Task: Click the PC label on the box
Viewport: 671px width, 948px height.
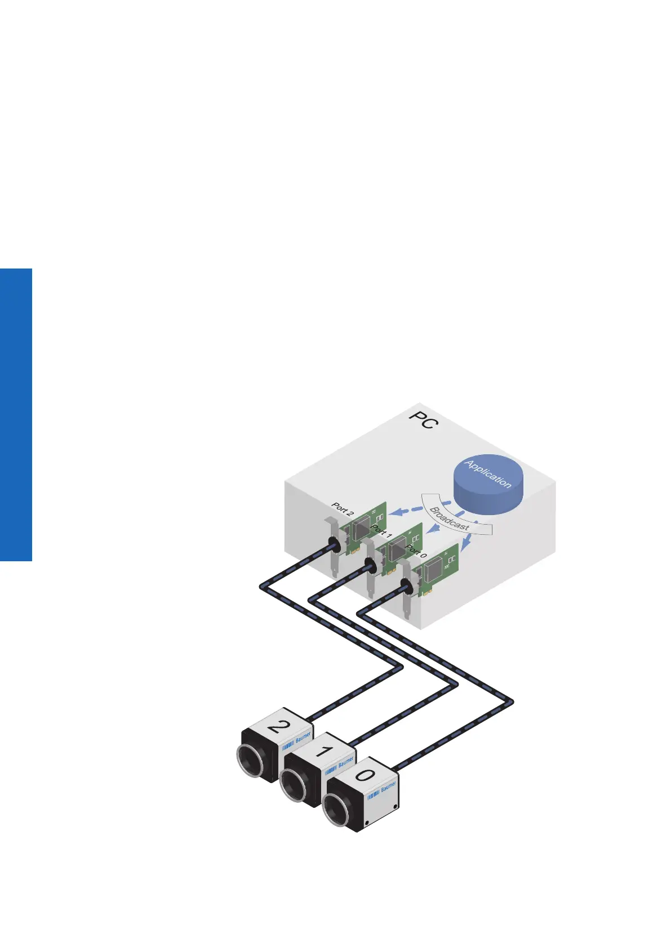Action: [423, 420]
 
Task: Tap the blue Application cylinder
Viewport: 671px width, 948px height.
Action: [488, 484]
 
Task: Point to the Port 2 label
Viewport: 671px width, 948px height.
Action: [343, 509]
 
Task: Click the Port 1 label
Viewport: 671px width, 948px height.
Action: [381, 530]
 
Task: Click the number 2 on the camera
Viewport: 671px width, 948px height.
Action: [277, 726]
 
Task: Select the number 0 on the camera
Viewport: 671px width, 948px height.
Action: [365, 775]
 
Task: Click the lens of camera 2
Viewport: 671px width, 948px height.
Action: [250, 763]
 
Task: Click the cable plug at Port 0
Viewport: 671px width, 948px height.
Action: [405, 587]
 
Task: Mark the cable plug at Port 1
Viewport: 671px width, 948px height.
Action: [371, 565]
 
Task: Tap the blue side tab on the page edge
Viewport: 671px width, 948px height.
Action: [16, 414]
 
